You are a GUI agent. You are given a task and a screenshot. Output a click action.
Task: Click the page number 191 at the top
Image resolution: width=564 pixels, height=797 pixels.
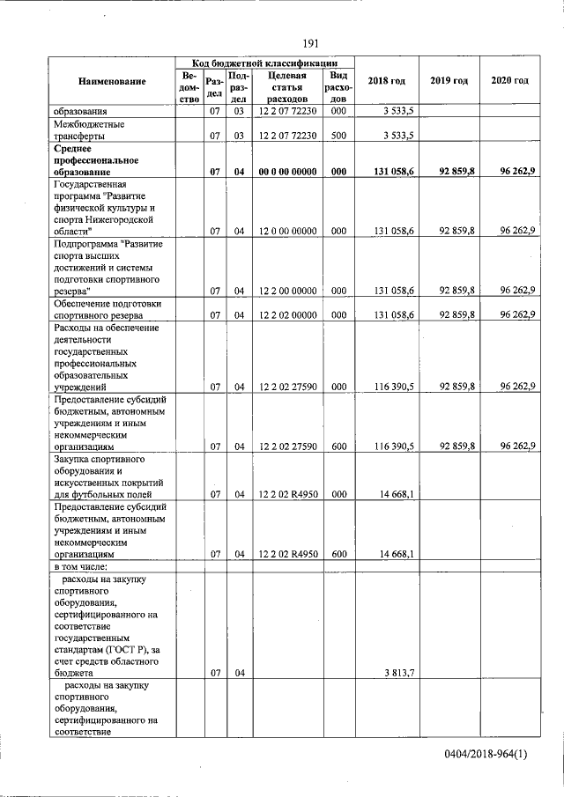[x=310, y=44]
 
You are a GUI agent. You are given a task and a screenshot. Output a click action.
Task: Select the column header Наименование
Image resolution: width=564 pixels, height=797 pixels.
[x=112, y=81]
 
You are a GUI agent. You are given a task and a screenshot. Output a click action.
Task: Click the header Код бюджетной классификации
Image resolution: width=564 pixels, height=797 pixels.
[x=264, y=63]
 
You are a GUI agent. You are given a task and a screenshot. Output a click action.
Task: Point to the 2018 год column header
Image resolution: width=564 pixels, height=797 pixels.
[x=387, y=81]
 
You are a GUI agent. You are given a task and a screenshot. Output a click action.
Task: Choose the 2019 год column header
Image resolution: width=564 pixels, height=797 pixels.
[x=449, y=81]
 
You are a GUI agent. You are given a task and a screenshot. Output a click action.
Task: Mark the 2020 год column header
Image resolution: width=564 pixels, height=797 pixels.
[x=509, y=81]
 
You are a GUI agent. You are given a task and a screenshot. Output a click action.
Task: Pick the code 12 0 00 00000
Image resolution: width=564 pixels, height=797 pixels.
[x=287, y=231]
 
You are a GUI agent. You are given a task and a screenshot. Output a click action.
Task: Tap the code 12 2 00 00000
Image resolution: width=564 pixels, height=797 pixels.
[x=287, y=290]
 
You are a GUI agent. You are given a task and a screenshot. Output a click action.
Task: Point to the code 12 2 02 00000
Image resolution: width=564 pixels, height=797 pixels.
[x=287, y=314]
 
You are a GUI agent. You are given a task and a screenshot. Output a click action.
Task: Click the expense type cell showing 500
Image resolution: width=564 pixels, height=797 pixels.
[x=338, y=136]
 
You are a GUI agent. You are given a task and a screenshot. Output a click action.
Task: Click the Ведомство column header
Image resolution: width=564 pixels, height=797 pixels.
[x=189, y=88]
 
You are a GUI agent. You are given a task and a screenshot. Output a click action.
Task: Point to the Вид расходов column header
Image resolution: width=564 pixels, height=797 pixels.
[x=338, y=88]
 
